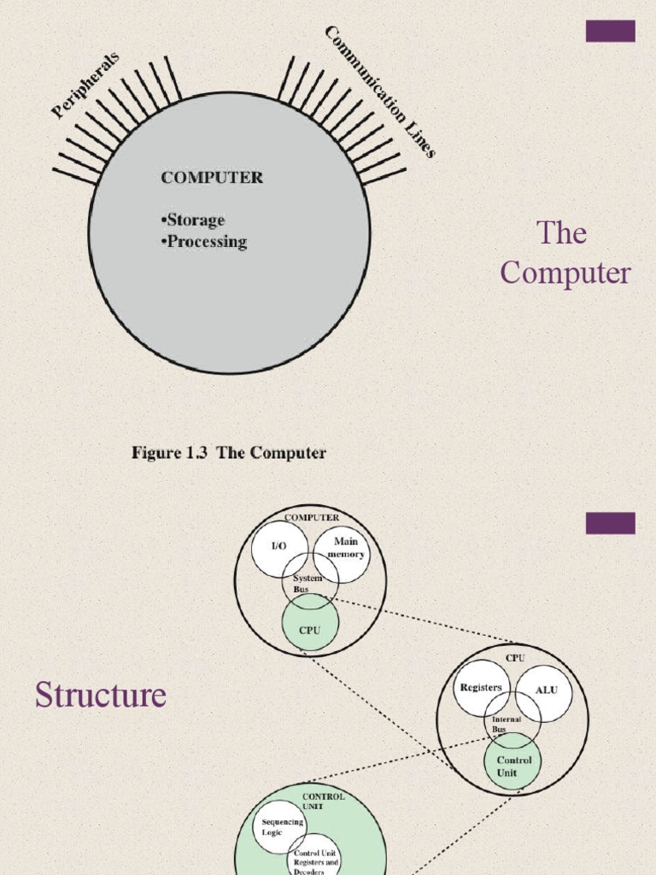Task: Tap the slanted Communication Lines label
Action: coord(380,91)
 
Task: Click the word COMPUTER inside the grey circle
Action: coord(212,178)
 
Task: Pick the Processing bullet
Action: coord(204,242)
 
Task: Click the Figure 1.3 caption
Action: coord(228,453)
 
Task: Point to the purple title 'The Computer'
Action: coord(565,253)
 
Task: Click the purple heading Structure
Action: coord(100,696)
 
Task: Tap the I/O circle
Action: coord(278,548)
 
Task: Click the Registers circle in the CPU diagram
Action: coord(480,688)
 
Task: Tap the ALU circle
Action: coord(545,690)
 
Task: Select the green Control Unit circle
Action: coord(513,766)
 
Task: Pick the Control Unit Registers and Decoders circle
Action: coord(315,858)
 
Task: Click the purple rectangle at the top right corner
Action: coord(610,32)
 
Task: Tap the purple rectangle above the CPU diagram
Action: coord(610,523)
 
